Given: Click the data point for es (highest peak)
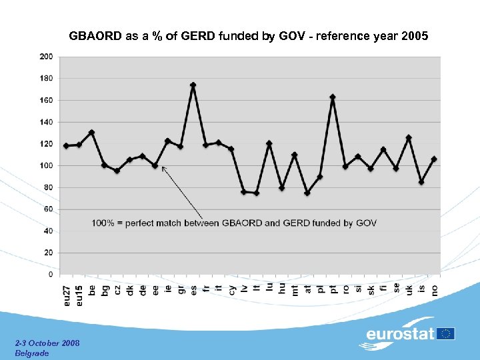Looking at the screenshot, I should (x=193, y=85).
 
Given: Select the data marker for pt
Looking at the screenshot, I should (x=333, y=97).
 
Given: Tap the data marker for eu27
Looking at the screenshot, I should (x=66, y=145).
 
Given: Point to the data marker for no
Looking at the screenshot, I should (x=434, y=159).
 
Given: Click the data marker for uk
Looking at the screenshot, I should (x=409, y=138).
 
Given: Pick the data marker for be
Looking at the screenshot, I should (x=91, y=133).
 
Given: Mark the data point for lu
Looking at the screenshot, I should (x=269, y=143).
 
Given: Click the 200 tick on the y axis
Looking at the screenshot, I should (x=46, y=57).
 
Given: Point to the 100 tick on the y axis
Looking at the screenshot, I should (x=46, y=165).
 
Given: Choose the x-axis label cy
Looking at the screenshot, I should (x=231, y=290).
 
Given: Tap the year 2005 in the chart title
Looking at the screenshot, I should (x=415, y=37).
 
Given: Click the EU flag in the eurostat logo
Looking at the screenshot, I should (x=446, y=333).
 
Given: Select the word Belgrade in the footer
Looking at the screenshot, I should (x=31, y=353).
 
